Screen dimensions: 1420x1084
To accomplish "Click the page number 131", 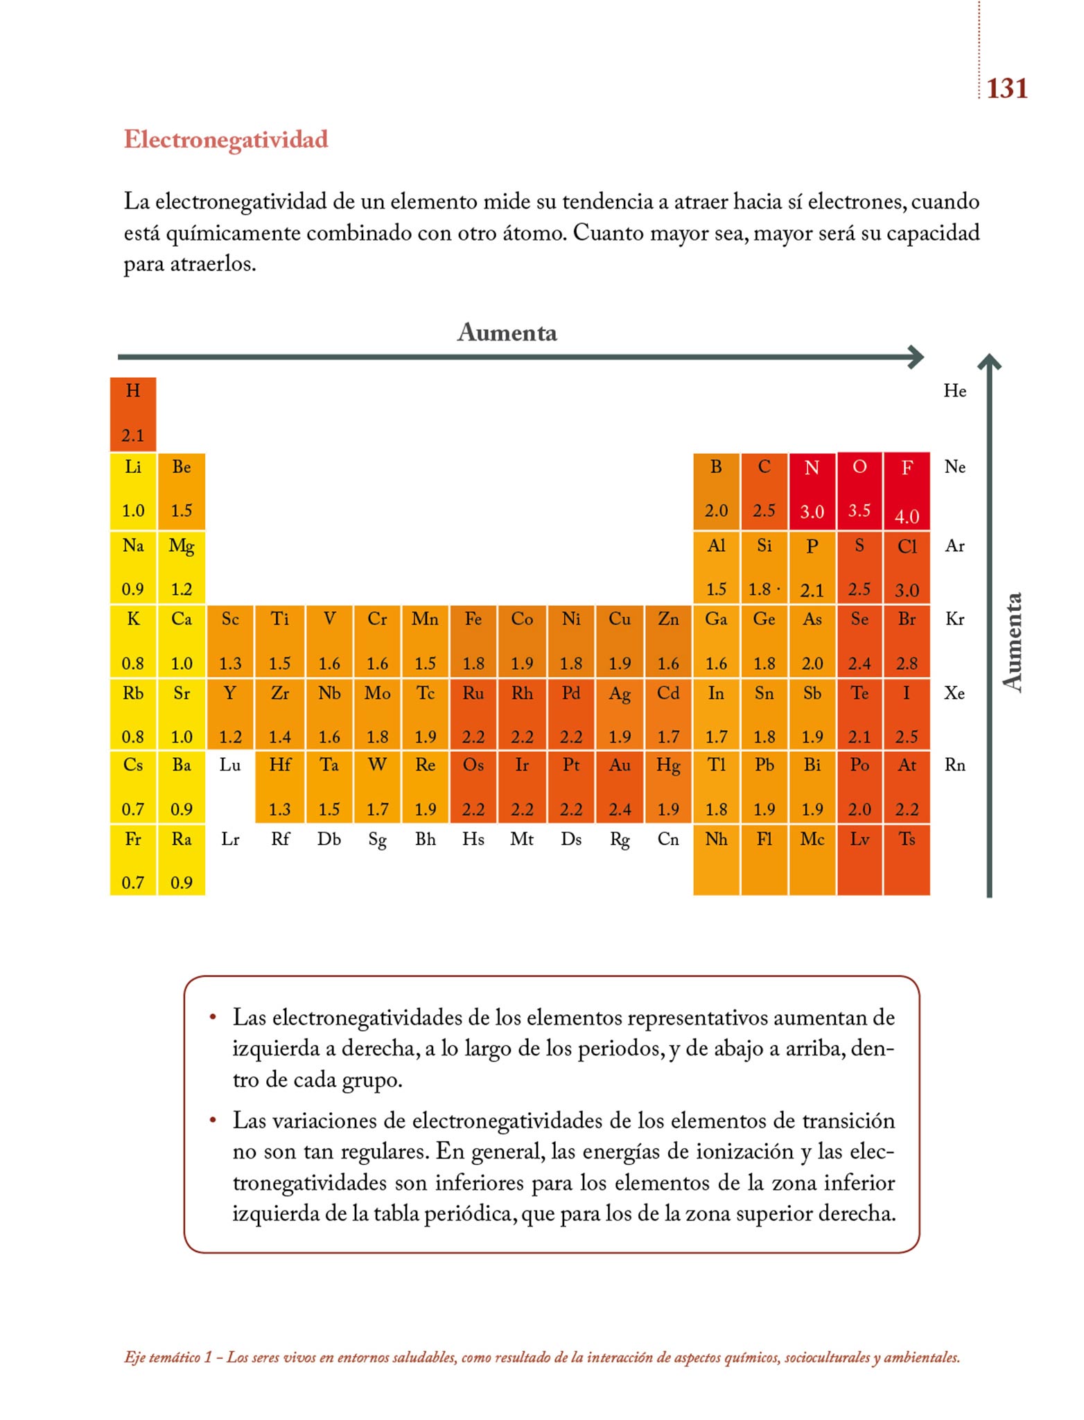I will [1006, 89].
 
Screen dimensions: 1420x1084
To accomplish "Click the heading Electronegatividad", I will [226, 139].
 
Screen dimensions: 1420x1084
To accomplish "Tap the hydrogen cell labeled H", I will [132, 414].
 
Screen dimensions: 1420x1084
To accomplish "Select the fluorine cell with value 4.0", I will [907, 491].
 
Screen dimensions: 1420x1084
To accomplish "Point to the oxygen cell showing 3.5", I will [859, 491].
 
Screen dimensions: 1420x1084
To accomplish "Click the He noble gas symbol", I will [954, 391].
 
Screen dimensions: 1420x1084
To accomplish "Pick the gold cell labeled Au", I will [620, 787].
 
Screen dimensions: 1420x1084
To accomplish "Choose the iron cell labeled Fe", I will [473, 641].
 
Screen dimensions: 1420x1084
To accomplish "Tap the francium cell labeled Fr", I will [132, 860].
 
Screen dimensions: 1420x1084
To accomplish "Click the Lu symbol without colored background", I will [230, 765].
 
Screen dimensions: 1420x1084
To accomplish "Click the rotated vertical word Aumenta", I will [1013, 642].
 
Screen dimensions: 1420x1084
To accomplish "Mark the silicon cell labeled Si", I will [764, 566].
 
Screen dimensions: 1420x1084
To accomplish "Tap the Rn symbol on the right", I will [954, 765].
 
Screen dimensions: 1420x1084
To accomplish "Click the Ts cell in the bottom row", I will [907, 860].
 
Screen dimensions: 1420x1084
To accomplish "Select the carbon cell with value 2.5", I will [764, 491].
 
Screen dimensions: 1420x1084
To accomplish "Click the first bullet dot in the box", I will [213, 1017].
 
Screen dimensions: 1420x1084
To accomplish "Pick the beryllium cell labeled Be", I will [181, 491].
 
